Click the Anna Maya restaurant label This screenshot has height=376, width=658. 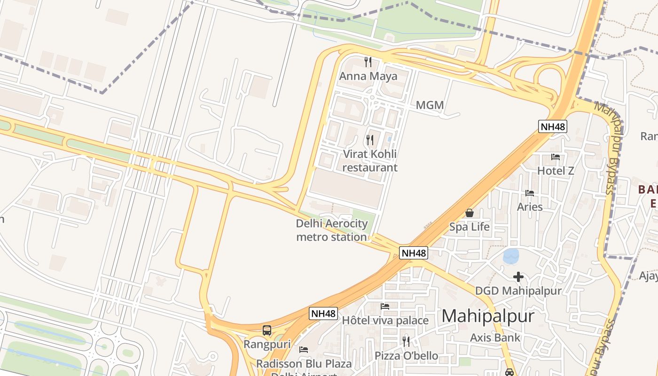pos(368,76)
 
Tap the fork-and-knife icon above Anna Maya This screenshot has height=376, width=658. pos(368,62)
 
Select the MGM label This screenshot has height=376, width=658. pos(430,105)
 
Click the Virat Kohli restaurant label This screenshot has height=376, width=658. pos(370,161)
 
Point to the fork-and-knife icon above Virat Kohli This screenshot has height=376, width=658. pos(370,140)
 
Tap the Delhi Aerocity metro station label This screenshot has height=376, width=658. pos(331,230)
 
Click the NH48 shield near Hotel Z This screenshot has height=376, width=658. pos(552,126)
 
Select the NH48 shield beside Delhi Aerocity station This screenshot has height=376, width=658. pos(414,253)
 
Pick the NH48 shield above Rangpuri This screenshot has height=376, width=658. pos(323,313)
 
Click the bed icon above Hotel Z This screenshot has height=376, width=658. pos(556,157)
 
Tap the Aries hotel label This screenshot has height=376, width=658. pos(530,207)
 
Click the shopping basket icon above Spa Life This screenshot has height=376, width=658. pos(469,213)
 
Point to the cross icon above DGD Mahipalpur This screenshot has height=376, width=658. pos(518,277)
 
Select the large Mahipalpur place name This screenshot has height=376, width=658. pos(488,316)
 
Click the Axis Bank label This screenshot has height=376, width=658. pos(495,337)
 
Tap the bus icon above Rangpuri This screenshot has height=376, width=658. pos(267,330)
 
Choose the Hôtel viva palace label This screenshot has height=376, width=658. pos(385,321)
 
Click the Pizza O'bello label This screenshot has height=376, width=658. pos(406,356)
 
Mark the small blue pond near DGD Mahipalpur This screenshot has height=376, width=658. pos(511,256)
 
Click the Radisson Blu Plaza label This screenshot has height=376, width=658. pos(304,364)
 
